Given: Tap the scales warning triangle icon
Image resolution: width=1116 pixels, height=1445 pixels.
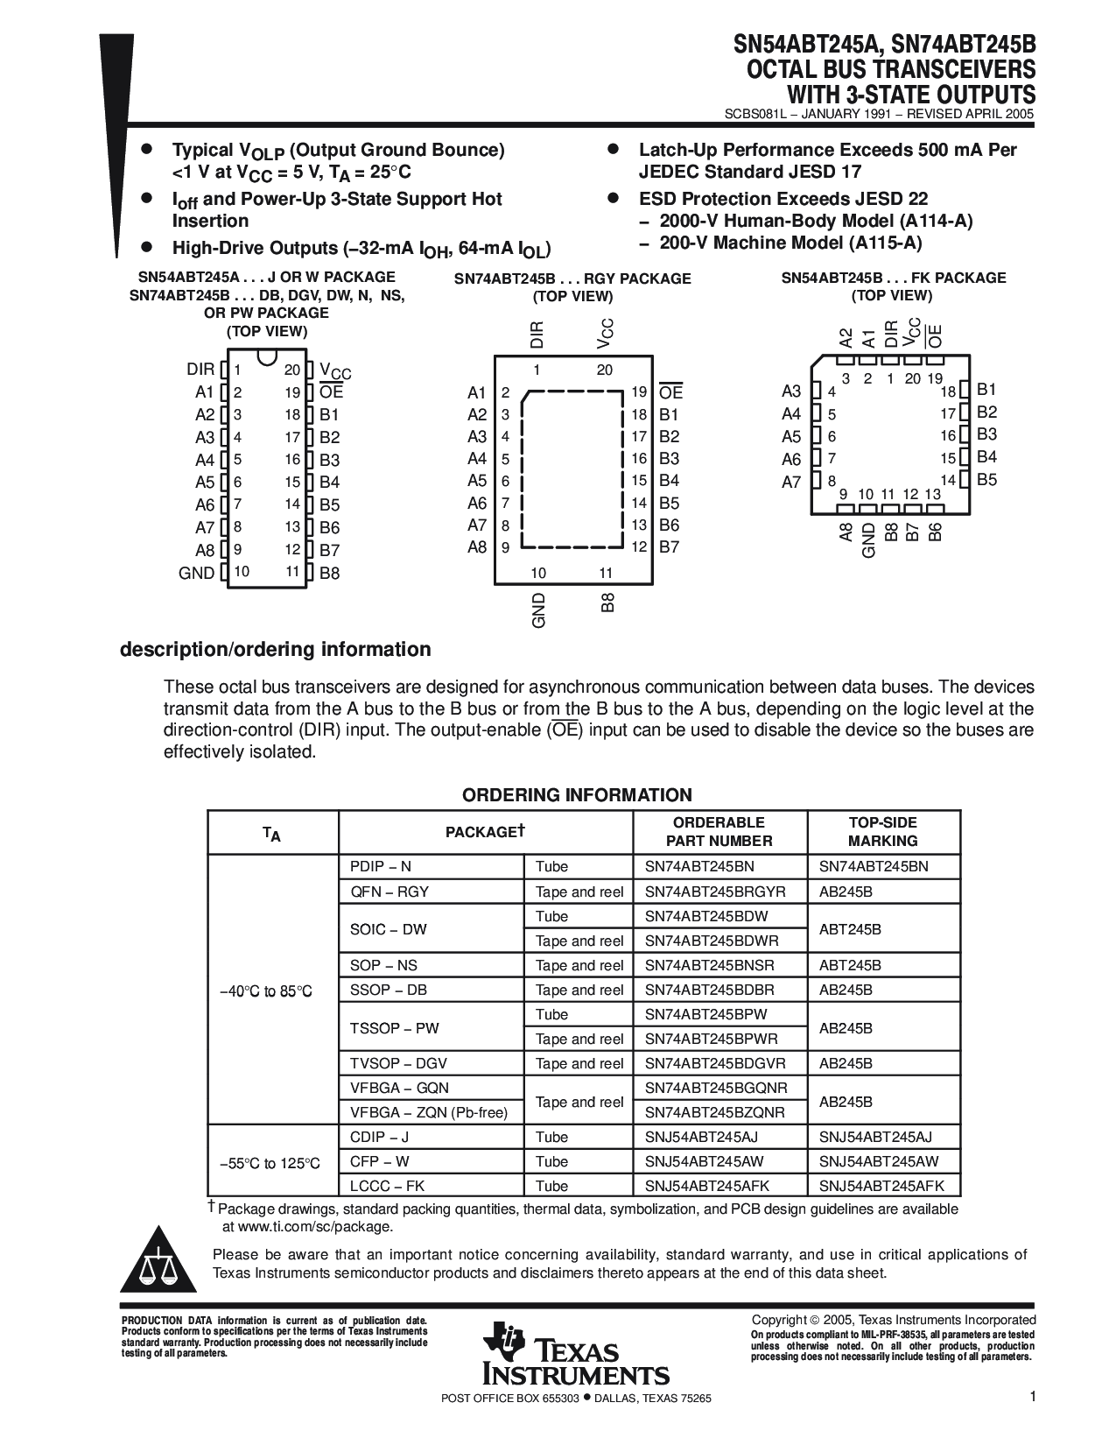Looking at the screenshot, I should tap(158, 1266).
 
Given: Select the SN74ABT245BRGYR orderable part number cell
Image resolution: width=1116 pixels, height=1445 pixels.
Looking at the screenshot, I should tap(715, 892).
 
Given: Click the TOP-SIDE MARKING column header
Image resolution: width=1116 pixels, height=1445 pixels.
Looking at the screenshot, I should tap(882, 831).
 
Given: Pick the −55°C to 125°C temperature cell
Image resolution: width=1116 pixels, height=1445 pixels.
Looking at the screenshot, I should tap(270, 1163).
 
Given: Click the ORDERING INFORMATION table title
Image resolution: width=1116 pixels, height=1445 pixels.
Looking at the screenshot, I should tap(577, 795).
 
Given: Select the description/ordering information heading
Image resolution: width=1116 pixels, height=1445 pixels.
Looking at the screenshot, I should tap(275, 649).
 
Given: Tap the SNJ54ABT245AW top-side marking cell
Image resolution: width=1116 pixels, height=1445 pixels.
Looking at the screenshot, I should tap(878, 1161).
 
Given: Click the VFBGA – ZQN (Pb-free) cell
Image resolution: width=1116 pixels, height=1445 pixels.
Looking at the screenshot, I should tap(429, 1112).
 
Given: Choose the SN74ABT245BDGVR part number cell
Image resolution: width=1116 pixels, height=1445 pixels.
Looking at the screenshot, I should tap(715, 1063).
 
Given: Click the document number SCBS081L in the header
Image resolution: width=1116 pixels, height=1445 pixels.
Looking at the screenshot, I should tap(757, 114).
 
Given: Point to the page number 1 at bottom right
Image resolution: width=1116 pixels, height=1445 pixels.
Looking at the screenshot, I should tap(1032, 1398).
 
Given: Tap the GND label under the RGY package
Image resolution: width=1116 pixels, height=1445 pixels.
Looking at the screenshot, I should tap(538, 610).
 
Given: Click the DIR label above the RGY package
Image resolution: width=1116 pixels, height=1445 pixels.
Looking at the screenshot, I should tap(537, 335).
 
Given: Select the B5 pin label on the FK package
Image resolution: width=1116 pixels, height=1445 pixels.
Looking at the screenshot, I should tap(986, 479).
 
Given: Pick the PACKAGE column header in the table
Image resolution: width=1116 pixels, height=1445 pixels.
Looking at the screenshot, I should tap(484, 832).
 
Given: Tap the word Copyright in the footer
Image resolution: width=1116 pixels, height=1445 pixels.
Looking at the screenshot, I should tap(779, 1320).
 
